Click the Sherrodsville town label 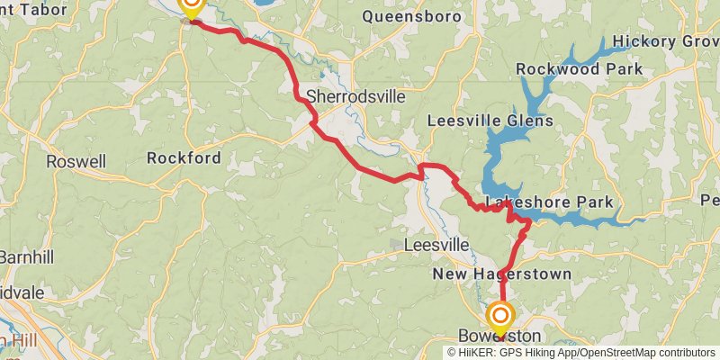(x=355, y=96)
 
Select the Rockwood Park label (x=580, y=69)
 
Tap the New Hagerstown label (x=502, y=274)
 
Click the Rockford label (x=184, y=158)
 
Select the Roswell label (x=76, y=162)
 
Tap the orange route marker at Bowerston (x=500, y=317)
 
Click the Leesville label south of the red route (x=437, y=245)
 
